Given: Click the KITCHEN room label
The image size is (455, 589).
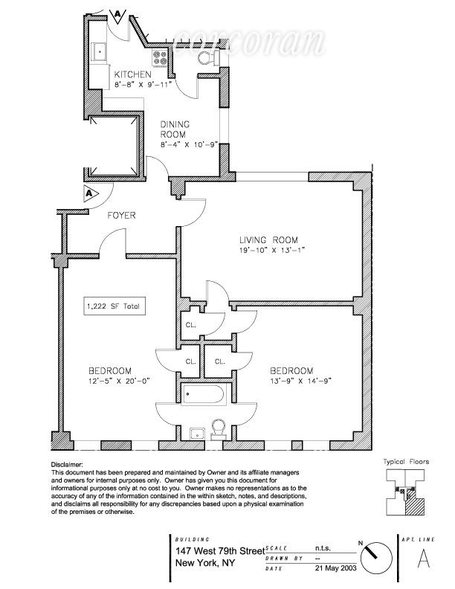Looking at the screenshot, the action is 133,75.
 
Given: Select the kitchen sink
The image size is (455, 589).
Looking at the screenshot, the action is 99,52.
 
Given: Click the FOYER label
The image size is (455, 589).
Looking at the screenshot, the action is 121,216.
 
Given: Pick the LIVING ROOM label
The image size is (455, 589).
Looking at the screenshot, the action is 268,240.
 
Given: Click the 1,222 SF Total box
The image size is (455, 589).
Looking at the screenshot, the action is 112,306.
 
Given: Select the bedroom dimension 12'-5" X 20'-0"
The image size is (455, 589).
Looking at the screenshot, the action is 110,382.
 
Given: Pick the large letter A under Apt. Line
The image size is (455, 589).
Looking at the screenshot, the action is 424,557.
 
